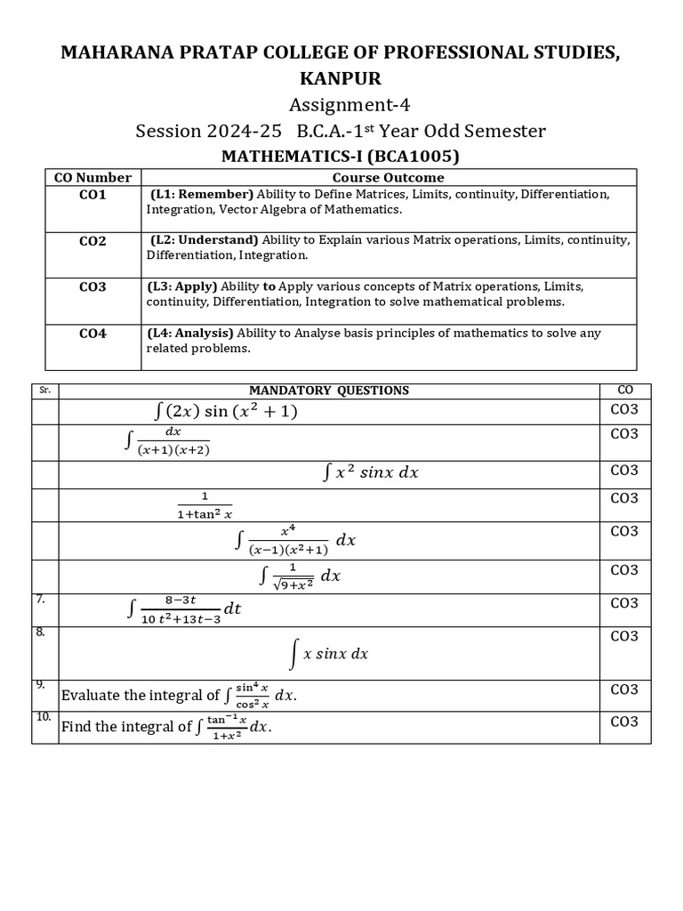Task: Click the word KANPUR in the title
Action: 341,79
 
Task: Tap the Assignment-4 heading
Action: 341,105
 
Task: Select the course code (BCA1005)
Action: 414,157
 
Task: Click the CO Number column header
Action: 92,177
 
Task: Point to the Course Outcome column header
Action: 389,177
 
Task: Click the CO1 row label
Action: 92,195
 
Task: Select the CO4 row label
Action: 92,334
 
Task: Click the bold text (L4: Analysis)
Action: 190,333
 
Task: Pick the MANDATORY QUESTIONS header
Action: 329,390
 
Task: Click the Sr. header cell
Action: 44,390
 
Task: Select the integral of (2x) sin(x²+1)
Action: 225,411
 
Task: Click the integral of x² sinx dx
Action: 370,473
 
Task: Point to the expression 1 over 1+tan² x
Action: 205,504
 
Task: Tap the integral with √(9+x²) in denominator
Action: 301,576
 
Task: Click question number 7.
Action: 40,600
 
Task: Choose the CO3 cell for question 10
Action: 623,722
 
